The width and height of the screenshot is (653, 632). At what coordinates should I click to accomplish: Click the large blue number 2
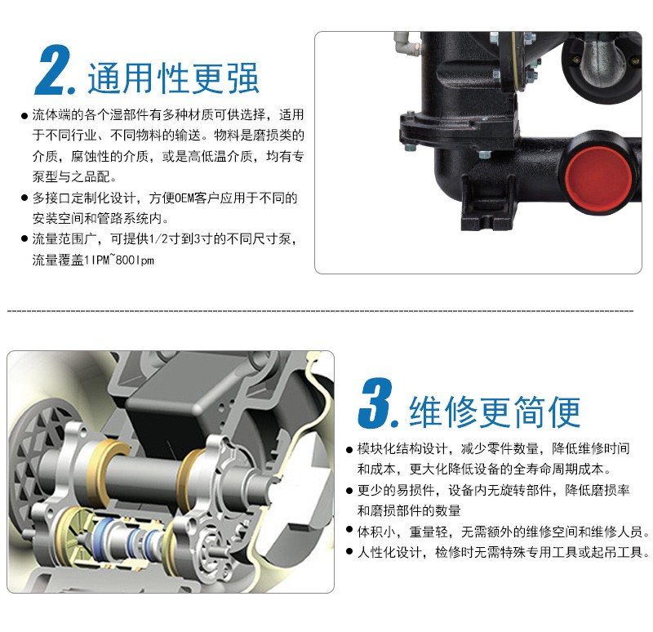coord(53,70)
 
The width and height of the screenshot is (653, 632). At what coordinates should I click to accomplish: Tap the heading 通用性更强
coord(173,78)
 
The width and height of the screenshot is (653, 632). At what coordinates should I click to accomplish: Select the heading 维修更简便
coord(495,412)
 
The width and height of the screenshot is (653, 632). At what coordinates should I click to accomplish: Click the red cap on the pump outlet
coord(598,176)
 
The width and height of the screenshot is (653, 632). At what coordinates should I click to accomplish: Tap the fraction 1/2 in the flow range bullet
coord(158,239)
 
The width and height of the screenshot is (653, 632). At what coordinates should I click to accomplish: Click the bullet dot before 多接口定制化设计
coord(24,198)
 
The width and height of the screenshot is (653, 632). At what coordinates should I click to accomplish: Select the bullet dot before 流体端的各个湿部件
coord(24,115)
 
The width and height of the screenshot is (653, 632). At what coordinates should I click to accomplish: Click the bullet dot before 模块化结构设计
coord(349,450)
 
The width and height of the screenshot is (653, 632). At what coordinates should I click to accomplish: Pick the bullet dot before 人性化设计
coord(349,552)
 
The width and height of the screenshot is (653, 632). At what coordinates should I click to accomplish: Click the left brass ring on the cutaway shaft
coord(112,470)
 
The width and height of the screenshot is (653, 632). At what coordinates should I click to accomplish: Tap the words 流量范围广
coord(64,239)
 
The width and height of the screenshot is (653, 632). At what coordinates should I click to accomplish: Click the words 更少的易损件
coord(396,491)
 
